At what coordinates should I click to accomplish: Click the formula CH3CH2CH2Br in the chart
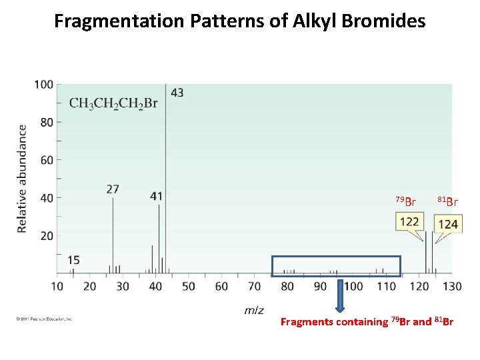[x=113, y=103]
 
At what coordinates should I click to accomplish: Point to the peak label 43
[x=177, y=93]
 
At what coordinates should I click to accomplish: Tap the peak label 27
[x=113, y=189]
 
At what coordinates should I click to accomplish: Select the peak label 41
[x=156, y=196]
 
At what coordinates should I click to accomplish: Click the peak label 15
[x=73, y=260]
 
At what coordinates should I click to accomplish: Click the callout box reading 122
[x=409, y=221]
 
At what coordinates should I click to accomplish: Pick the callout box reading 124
[x=448, y=224]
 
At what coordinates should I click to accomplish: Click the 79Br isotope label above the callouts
[x=405, y=201]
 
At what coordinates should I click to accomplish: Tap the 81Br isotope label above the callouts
[x=447, y=201]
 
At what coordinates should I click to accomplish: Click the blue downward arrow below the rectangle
[x=339, y=295]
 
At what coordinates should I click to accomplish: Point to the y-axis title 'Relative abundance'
[x=22, y=178]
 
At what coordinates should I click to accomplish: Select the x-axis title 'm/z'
[x=254, y=310]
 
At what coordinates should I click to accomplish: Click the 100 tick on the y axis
[x=44, y=85]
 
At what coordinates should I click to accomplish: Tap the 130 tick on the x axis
[x=451, y=286]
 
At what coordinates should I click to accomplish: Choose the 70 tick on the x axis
[x=254, y=286]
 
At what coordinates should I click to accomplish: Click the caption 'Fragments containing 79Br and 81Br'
[x=367, y=322]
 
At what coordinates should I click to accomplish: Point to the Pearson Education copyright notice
[x=44, y=319]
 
